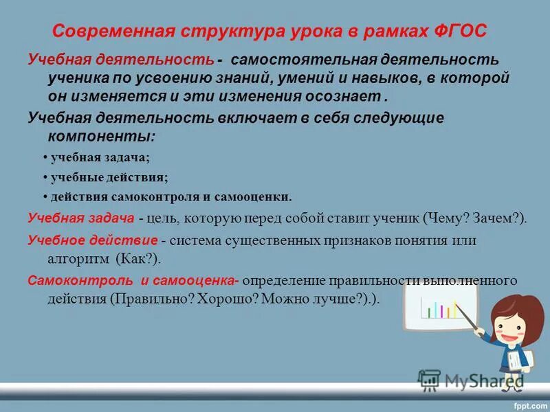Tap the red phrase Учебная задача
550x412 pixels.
[x=80, y=218]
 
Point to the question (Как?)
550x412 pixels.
[x=137, y=260]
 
